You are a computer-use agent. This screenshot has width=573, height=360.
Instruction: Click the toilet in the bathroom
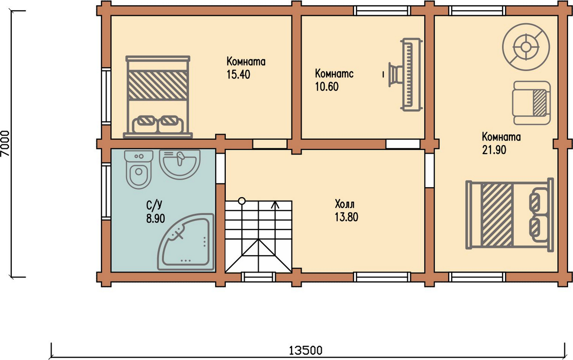click(x=139, y=169)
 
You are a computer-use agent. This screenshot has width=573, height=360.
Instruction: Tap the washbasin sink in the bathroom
click(x=180, y=164)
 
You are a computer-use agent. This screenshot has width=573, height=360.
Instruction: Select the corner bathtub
click(x=186, y=242)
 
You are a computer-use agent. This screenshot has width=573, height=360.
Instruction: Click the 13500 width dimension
click(x=306, y=350)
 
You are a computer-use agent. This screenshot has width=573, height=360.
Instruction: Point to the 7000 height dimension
click(x=5, y=144)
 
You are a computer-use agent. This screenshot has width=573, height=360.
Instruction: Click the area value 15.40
click(x=238, y=75)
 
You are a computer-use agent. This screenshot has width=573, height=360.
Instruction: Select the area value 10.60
click(x=327, y=87)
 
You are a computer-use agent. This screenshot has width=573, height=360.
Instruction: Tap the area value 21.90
click(x=494, y=150)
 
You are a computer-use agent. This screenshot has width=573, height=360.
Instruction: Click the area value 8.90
click(x=155, y=219)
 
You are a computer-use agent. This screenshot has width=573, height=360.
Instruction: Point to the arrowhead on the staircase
click(x=275, y=204)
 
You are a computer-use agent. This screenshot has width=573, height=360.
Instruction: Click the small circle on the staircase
click(x=242, y=201)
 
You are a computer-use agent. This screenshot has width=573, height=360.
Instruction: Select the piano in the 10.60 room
click(x=411, y=75)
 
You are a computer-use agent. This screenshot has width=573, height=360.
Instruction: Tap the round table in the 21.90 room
click(x=526, y=47)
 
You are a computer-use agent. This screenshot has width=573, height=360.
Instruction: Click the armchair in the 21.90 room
click(x=531, y=103)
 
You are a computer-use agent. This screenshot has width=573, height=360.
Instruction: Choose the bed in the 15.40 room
click(x=158, y=97)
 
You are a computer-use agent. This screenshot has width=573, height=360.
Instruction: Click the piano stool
click(x=394, y=75)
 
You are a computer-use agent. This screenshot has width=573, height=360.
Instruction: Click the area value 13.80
click(x=346, y=217)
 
